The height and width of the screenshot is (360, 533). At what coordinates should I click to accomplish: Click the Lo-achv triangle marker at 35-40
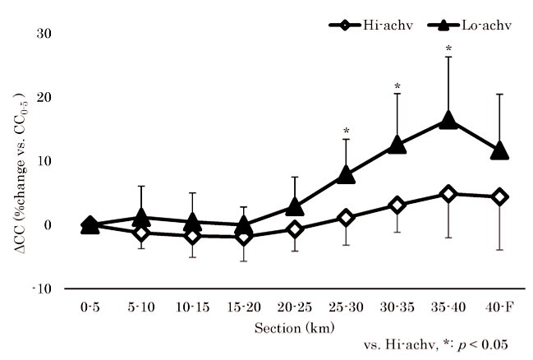pyautogui.click(x=448, y=121)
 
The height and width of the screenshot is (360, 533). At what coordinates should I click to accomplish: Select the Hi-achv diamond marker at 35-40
pyautogui.click(x=448, y=194)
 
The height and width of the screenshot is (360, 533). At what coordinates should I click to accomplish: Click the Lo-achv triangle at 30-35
pyautogui.click(x=397, y=145)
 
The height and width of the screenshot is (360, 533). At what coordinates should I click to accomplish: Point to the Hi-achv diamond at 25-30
pyautogui.click(x=347, y=218)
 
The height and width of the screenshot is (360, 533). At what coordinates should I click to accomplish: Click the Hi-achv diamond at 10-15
pyautogui.click(x=193, y=236)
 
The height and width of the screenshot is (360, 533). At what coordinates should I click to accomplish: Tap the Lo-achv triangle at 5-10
pyautogui.click(x=142, y=218)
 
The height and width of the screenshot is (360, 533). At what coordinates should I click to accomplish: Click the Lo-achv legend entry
pyautogui.click(x=471, y=25)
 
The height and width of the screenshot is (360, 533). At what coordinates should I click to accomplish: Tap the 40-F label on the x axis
pyautogui.click(x=499, y=307)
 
